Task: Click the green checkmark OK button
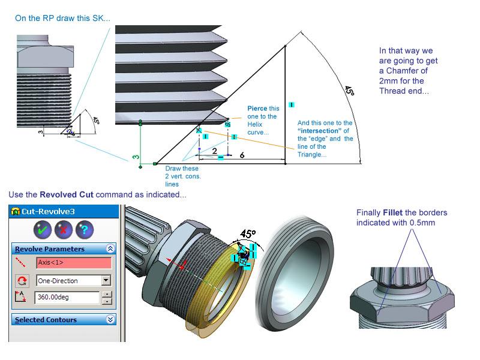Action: tap(42, 229)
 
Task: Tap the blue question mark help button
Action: tap(85, 229)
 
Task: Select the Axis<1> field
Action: tap(74, 263)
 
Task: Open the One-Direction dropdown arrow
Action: tap(106, 280)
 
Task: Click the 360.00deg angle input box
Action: tap(67, 298)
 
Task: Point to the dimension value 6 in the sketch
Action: tap(242, 155)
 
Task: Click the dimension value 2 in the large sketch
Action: tap(214, 151)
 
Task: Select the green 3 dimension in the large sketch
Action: tap(136, 158)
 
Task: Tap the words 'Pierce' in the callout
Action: tap(257, 109)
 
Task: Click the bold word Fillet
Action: tap(398, 212)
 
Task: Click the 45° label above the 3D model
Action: tap(248, 233)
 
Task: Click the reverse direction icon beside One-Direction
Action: tap(22, 280)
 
